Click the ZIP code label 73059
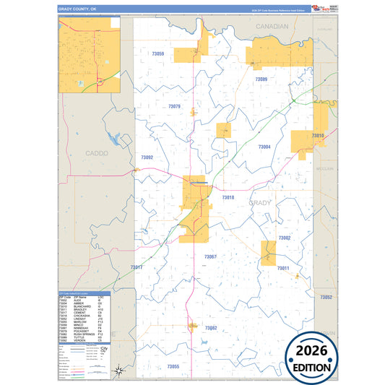(158, 53)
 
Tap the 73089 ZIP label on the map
(261, 79)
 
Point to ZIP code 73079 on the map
(174, 106)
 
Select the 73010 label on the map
(318, 135)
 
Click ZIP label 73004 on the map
(264, 147)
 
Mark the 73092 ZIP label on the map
(147, 157)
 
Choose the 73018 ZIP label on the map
(228, 197)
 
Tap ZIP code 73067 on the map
(210, 256)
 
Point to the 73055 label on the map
(173, 366)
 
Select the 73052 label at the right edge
(326, 297)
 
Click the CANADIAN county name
(272, 26)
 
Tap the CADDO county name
(96, 153)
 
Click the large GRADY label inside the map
(260, 204)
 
